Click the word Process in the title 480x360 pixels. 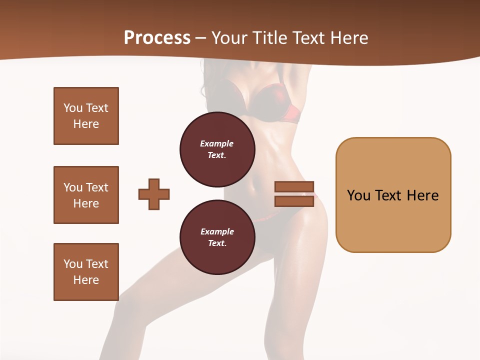pyautogui.click(x=157, y=38)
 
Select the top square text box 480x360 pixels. pyautogui.click(x=86, y=116)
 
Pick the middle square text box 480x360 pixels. pyautogui.click(x=86, y=195)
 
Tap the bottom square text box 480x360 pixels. pyautogui.click(x=86, y=272)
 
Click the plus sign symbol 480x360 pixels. pyautogui.click(x=154, y=193)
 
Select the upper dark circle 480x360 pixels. pyautogui.click(x=217, y=149)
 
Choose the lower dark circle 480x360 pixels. pyautogui.click(x=217, y=237)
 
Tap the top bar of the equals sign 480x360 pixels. pyautogui.click(x=294, y=187)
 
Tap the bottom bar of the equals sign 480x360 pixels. pyautogui.click(x=294, y=201)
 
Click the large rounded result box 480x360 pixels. pyautogui.click(x=393, y=195)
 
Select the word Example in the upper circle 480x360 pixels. pyautogui.click(x=217, y=144)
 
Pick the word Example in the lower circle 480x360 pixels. pyautogui.click(x=217, y=232)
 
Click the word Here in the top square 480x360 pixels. pyautogui.click(x=86, y=124)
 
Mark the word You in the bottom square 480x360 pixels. pyautogui.click(x=73, y=264)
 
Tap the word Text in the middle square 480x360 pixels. pyautogui.click(x=97, y=187)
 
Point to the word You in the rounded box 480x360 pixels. pyautogui.click(x=358, y=195)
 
